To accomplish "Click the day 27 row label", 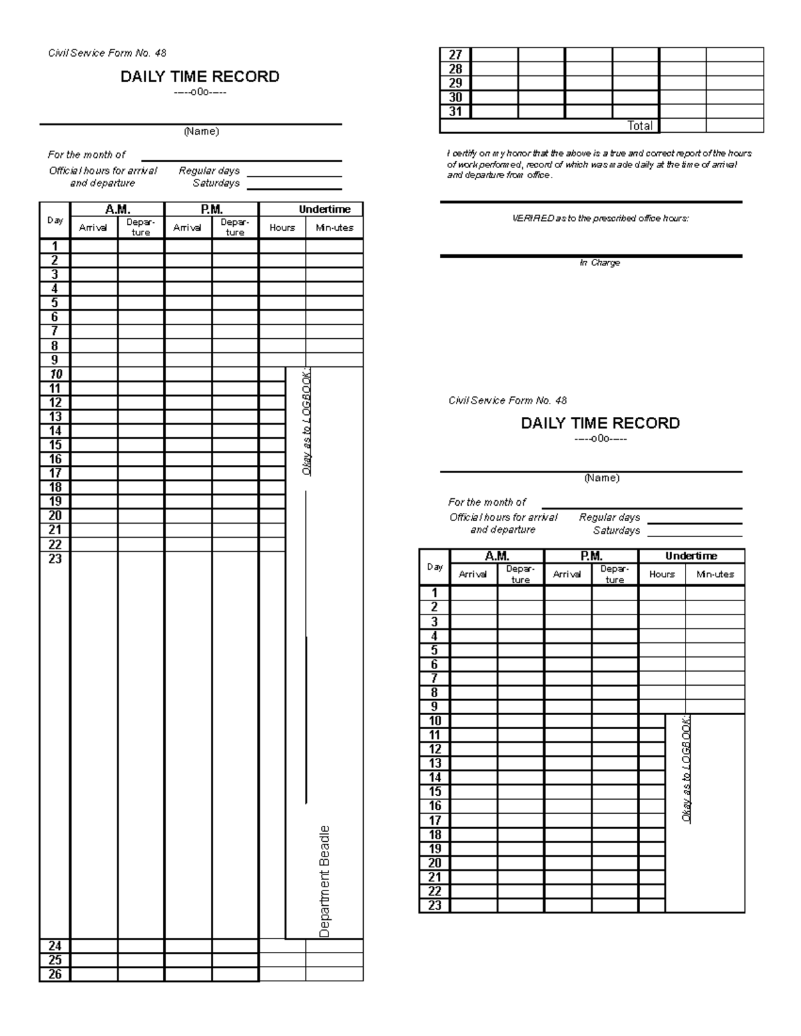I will pos(455,55).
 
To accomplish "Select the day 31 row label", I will pos(455,111).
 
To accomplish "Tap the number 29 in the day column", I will pos(455,83).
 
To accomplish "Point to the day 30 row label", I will pos(455,97).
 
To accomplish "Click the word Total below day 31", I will pos(639,125).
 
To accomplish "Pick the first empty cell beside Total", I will pos(682,125).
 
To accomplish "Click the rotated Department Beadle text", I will pos(324,881).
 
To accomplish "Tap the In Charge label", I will pos(599,263).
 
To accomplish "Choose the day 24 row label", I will pos(55,946).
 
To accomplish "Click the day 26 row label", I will pos(55,975).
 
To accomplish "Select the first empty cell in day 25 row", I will pos(94,960).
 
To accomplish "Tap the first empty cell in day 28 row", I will pos(495,69).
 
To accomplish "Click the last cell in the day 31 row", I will pos(735,111).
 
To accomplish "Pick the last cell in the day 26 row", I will pos(334,975).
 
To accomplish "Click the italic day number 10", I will pos(55,374).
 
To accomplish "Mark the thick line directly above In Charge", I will pos(591,255).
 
